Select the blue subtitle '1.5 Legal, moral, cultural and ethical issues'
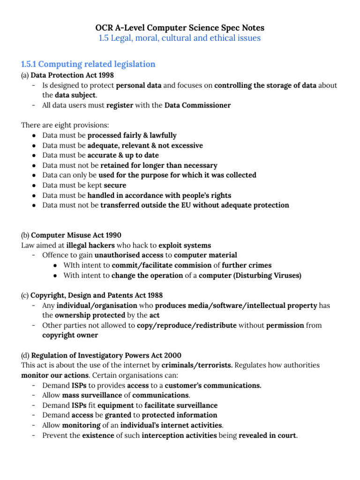click(x=180, y=38)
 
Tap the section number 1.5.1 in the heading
click(x=31, y=64)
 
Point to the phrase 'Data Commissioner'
click(x=197, y=105)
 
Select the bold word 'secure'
click(x=115, y=185)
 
